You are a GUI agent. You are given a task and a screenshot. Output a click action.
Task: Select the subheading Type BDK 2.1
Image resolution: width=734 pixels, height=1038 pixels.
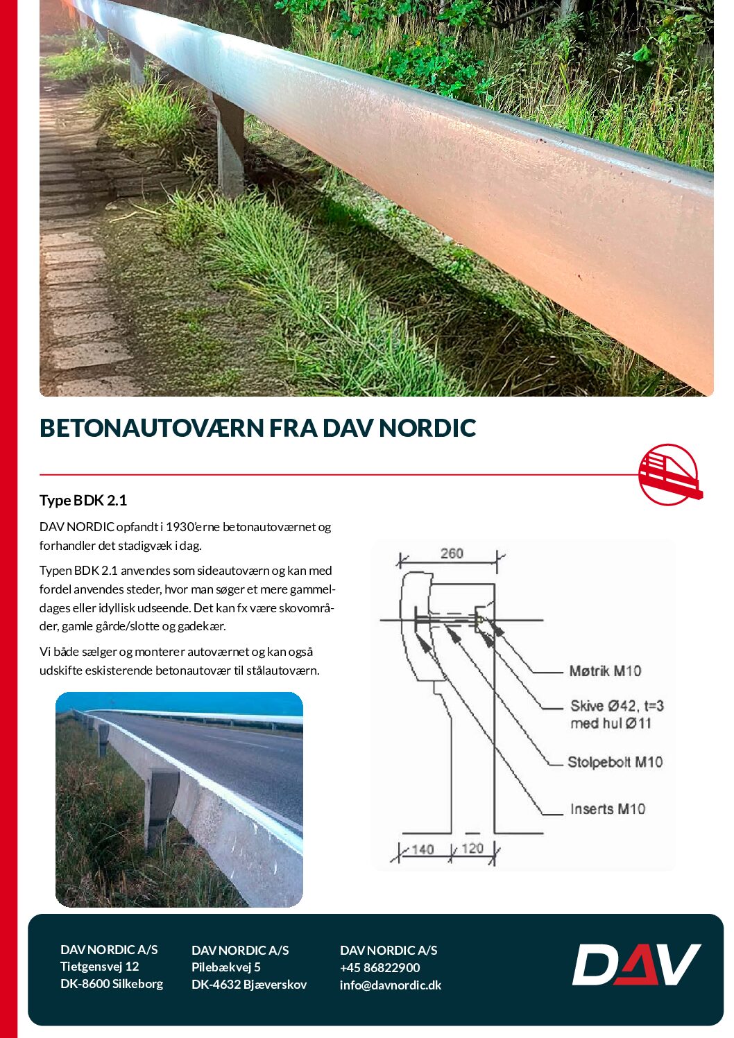point(83,501)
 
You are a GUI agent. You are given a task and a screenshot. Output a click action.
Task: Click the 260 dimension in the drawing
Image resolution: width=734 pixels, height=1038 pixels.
point(452,553)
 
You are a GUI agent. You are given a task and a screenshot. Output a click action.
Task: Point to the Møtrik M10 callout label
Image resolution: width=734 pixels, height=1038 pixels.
point(605,671)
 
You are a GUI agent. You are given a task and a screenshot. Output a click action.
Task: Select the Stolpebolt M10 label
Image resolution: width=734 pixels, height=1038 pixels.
point(615,762)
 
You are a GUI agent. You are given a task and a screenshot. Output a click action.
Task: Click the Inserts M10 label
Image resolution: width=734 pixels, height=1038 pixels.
point(608,809)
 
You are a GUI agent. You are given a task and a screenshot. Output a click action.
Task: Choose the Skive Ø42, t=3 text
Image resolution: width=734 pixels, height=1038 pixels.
point(617,706)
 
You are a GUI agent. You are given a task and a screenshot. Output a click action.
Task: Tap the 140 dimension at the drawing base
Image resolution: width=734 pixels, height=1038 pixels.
point(423,849)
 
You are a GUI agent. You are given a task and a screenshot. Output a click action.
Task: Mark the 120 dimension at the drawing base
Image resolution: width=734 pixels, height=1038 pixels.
point(472,848)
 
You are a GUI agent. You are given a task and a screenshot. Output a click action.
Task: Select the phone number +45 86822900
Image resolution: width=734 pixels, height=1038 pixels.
point(379,967)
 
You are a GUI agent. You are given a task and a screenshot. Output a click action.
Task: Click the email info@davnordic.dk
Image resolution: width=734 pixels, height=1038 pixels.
point(390,985)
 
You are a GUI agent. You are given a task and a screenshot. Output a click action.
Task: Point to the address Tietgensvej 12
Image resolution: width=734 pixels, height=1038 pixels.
point(99,966)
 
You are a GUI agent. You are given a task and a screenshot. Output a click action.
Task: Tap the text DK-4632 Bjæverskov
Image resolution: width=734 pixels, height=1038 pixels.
point(248,985)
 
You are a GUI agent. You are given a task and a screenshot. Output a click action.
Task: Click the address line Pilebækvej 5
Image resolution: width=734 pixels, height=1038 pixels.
point(225,967)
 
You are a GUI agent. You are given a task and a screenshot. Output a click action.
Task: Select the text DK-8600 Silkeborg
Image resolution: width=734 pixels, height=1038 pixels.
point(111,983)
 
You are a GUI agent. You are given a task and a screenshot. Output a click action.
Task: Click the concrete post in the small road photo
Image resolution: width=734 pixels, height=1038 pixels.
point(162,804)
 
